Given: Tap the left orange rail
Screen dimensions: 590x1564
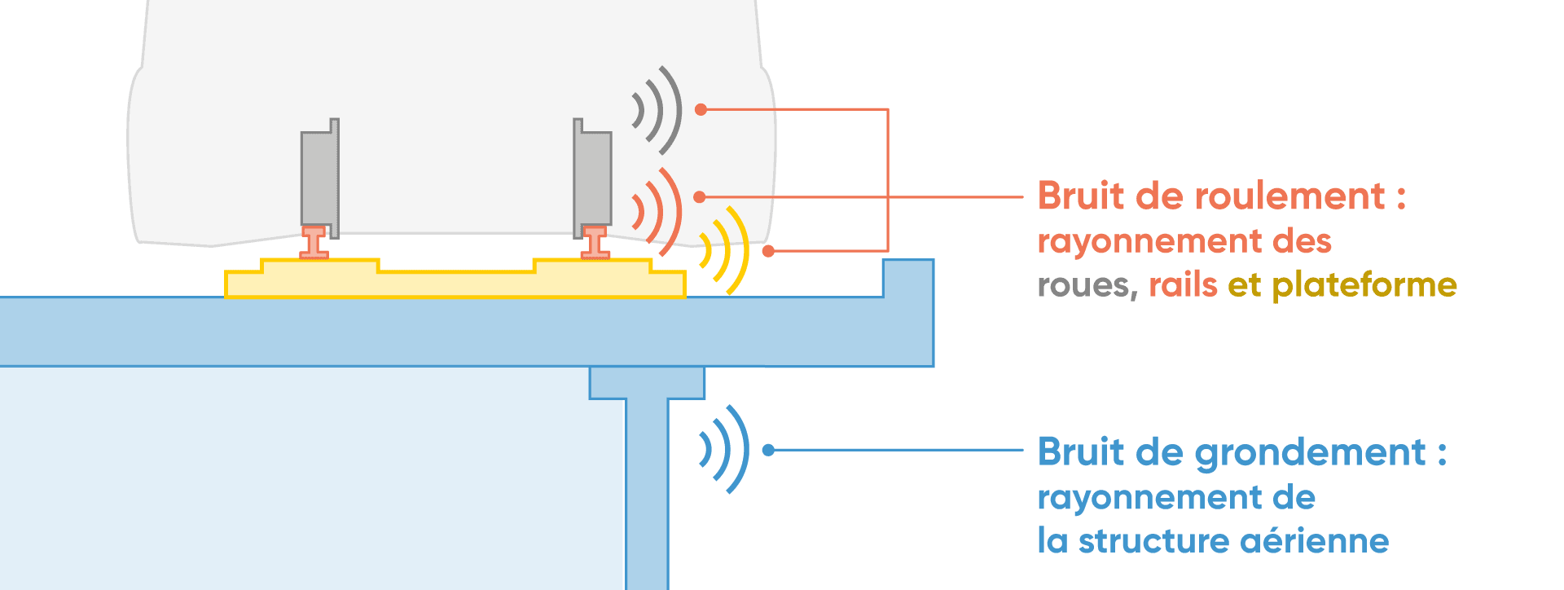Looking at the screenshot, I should point(314,243).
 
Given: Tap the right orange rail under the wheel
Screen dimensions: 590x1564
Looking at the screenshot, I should point(595,243).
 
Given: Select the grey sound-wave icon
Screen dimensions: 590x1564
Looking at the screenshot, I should point(658,110).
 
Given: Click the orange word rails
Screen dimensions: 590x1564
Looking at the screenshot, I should point(1183,285).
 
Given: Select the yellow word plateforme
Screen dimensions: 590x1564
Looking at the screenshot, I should point(1364,285).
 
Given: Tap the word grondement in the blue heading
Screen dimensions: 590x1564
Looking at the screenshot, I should point(1310,452).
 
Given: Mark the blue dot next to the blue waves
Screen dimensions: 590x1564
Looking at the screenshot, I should point(768,450).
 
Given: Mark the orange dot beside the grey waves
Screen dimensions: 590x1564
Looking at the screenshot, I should point(701,109).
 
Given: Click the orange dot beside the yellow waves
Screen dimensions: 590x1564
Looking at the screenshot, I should point(768,251).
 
